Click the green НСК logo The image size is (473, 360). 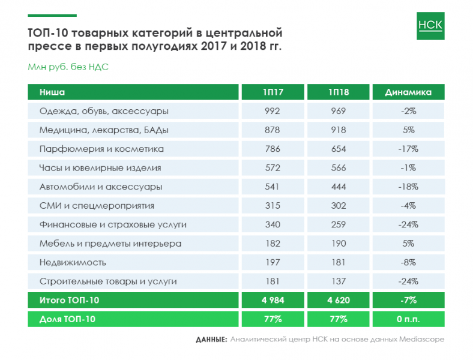(x=430, y=25)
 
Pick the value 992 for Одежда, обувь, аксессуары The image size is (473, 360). (x=273, y=111)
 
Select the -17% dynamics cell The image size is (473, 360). (x=408, y=149)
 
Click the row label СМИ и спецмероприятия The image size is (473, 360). (x=97, y=206)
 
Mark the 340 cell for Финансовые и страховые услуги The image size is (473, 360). (x=273, y=224)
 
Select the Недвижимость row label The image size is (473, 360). (x=73, y=262)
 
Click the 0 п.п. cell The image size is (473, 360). (x=408, y=319)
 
